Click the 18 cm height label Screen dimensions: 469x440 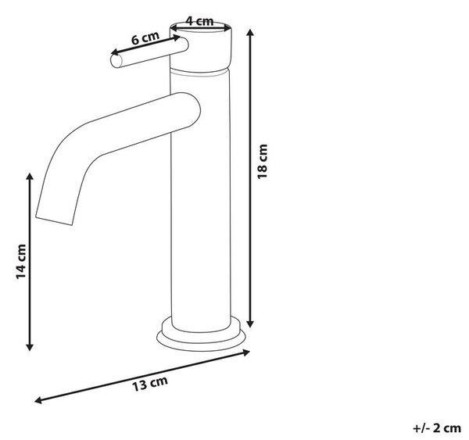point(263,162)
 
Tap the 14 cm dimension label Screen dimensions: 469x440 point(21,262)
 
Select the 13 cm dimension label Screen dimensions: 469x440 point(150,383)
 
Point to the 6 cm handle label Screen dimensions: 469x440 point(145,38)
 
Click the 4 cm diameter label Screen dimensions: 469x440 point(199,21)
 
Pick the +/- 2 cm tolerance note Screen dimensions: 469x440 point(437,428)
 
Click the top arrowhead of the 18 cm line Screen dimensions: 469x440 point(251,32)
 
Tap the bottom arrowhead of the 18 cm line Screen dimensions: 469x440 point(251,324)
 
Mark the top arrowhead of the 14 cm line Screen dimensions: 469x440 point(30,177)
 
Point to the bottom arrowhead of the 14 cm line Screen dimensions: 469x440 point(30,347)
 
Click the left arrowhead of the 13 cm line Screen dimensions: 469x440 point(38,400)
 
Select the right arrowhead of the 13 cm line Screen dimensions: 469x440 point(246,352)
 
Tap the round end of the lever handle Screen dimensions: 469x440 point(116,61)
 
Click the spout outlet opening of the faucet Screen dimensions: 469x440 point(54,220)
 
